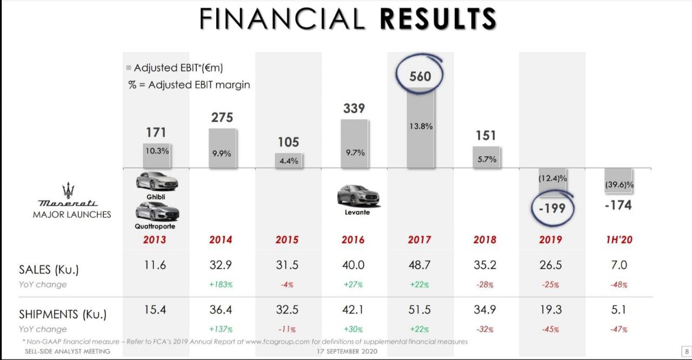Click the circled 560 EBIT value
[420, 76]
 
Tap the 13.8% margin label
[420, 126]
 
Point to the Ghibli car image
[157, 182]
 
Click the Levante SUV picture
[357, 196]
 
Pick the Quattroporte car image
[157, 211]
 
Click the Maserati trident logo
[68, 190]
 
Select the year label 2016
[353, 240]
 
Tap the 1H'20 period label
[618, 240]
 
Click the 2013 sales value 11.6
[155, 265]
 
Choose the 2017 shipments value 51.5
[419, 310]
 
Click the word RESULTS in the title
[438, 18]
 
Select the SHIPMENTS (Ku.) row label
[63, 314]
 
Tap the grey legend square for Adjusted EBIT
[129, 68]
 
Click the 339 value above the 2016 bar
[354, 108]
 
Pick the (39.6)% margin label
[619, 185]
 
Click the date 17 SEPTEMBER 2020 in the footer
[347, 351]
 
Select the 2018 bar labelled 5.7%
[486, 157]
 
